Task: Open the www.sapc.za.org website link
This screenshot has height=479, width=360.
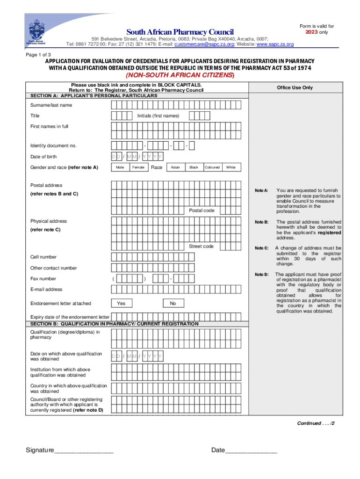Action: (275, 44)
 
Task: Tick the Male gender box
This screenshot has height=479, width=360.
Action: (120, 167)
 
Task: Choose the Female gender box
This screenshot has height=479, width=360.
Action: (138, 167)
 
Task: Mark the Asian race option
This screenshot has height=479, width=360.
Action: (175, 167)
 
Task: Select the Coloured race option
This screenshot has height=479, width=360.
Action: (212, 167)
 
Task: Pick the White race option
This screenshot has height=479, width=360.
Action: (230, 167)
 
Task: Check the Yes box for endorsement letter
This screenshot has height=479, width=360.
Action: (121, 304)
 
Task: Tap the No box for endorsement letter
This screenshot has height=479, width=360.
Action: (173, 304)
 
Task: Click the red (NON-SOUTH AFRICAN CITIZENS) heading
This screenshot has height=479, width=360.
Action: (180, 76)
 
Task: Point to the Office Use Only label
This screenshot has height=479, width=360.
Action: (295, 87)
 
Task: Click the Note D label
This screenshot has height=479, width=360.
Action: (261, 275)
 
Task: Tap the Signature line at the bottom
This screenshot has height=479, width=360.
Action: (84, 451)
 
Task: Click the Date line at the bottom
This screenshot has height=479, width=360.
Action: (252, 451)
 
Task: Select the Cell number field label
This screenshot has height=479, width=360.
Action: (43, 257)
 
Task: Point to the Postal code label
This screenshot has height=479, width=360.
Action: (202, 210)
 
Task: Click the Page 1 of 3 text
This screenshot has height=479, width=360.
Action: (38, 54)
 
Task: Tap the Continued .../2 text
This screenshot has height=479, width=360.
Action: (316, 423)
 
